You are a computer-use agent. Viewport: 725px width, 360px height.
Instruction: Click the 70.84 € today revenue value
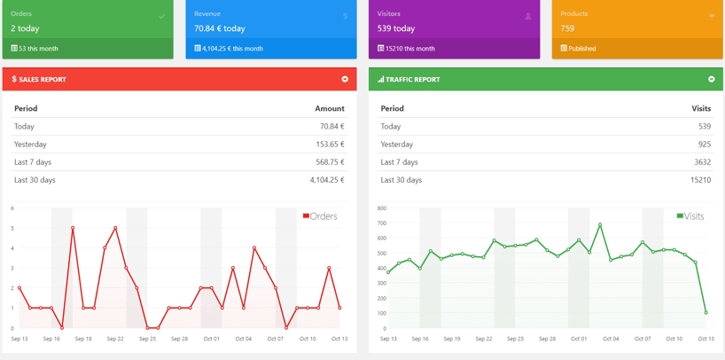(220, 28)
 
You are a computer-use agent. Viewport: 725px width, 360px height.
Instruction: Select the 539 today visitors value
(396, 28)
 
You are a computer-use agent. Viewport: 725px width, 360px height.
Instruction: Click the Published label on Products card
(581, 49)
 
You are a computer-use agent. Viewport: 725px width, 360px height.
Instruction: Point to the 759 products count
(567, 28)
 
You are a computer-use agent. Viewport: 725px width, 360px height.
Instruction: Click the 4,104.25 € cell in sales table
(327, 180)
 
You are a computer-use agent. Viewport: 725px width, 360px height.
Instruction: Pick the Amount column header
(330, 108)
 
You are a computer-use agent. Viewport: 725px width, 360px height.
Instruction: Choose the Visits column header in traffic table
(701, 108)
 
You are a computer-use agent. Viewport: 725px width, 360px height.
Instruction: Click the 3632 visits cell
(702, 162)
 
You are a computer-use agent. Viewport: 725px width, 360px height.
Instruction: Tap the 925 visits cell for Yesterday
(704, 145)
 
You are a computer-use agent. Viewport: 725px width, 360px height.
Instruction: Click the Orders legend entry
(321, 216)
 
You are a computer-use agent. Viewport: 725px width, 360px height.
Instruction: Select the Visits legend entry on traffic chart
(691, 216)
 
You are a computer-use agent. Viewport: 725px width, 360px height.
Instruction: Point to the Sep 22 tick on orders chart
(115, 339)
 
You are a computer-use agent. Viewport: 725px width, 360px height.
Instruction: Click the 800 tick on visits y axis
(381, 208)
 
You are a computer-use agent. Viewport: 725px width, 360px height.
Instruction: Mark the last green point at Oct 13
(706, 312)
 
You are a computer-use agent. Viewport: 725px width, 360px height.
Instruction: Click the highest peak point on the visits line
(600, 225)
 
